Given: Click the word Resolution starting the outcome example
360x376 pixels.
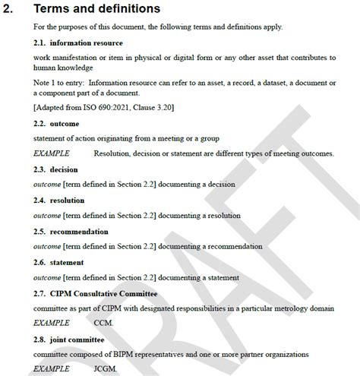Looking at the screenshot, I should click(112, 153).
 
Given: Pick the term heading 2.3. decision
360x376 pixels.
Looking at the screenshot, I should click(56, 169).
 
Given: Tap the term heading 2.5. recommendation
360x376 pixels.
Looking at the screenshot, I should click(71, 232).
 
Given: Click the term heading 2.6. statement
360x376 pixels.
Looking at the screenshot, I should click(59, 262).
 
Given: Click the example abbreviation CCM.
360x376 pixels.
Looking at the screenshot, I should click(103, 322).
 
